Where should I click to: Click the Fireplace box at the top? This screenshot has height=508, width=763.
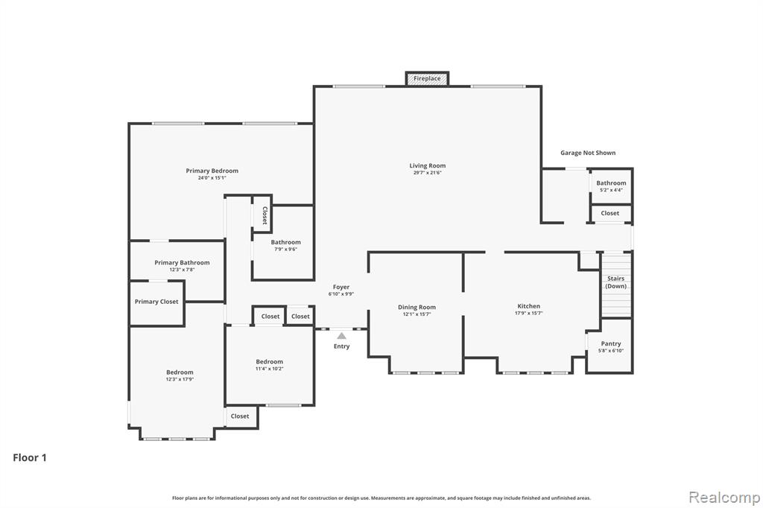pos(427,78)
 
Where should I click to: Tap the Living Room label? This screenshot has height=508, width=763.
pos(427,166)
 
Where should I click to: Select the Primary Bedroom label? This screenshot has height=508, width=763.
pos(212,171)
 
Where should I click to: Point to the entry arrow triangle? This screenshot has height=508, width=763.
pos(341,336)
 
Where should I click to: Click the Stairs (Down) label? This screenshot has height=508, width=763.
pos(615,282)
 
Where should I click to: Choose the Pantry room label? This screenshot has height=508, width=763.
pos(611,343)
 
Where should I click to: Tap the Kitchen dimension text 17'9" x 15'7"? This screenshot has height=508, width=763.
pos(529,314)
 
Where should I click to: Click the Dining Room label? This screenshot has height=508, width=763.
pos(417,307)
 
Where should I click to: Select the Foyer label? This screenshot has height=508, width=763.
pos(341,287)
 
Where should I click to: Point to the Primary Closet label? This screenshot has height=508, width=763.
pos(156,302)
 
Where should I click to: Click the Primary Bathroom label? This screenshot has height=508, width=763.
pos(182,263)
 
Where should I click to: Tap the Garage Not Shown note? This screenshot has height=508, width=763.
pos(588,153)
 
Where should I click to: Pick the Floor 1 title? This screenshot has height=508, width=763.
pos(30,457)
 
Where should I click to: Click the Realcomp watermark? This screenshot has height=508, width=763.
pos(724,498)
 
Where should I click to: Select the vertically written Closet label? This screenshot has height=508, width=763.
pos(265,215)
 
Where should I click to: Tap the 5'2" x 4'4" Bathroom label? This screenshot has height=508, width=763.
pos(611,183)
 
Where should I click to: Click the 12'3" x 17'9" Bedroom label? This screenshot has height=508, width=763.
pos(180,372)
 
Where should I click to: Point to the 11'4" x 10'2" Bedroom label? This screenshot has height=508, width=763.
pos(270,361)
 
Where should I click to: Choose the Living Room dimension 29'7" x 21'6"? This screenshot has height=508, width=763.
pos(427,173)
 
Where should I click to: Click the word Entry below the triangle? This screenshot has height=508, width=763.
pos(341,346)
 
